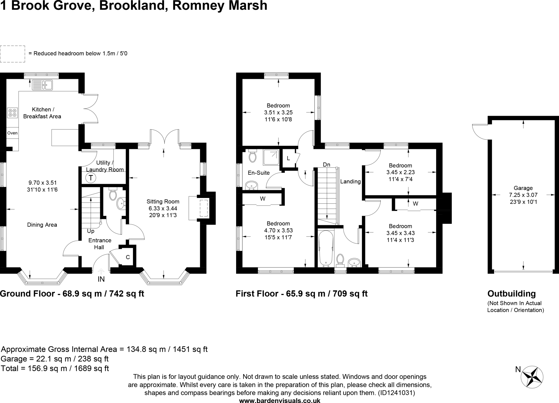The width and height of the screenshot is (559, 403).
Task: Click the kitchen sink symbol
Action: (x=42, y=85)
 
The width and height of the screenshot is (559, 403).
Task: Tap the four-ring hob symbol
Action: (x=13, y=113)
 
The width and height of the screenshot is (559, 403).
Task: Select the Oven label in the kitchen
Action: (x=12, y=133)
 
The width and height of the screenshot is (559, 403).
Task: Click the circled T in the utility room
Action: (x=91, y=178)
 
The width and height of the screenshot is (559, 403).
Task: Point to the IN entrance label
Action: (x=101, y=279)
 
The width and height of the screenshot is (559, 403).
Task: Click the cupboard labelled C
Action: (x=127, y=257)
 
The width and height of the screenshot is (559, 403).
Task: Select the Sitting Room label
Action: (x=163, y=202)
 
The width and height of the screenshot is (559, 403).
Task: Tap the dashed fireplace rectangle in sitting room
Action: (x=204, y=208)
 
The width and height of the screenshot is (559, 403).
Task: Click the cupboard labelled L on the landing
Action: (x=288, y=158)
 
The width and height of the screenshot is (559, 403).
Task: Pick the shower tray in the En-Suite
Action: (x=271, y=157)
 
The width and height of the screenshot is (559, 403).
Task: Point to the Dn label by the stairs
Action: (x=326, y=165)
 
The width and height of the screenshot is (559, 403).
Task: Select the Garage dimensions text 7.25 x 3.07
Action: (x=523, y=195)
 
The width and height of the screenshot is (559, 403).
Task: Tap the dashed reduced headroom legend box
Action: (x=13, y=54)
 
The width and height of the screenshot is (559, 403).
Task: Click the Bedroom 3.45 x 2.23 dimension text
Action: (x=400, y=172)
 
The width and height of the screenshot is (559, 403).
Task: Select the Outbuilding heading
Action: (x=512, y=294)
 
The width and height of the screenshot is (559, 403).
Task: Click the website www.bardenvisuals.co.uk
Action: (x=279, y=400)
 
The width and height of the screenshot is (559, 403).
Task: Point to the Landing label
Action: (x=350, y=182)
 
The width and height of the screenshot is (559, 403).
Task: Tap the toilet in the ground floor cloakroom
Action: (x=113, y=195)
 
